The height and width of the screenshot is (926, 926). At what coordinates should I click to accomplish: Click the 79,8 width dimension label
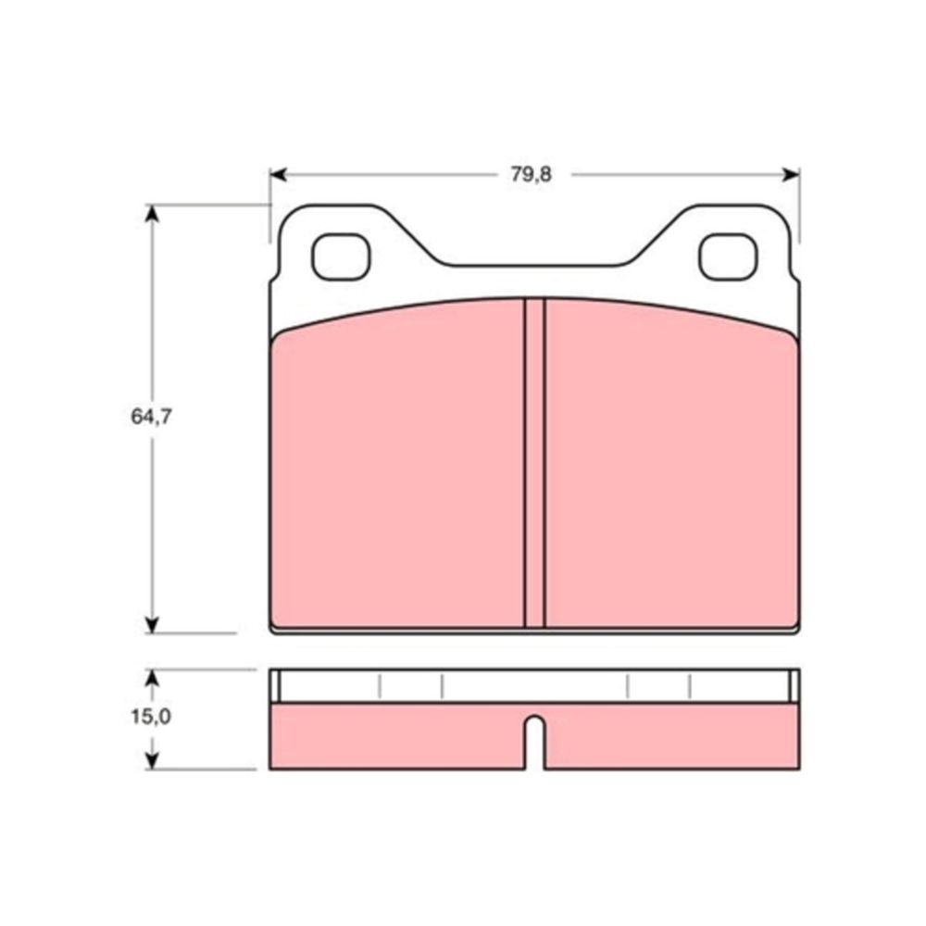point(531,175)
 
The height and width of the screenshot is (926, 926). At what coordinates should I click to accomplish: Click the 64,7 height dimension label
point(151,417)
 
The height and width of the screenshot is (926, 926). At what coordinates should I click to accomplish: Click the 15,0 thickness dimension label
point(151,717)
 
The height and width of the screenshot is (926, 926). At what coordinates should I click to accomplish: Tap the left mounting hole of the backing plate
point(341,257)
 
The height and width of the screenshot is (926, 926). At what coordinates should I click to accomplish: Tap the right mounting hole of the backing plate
point(728,257)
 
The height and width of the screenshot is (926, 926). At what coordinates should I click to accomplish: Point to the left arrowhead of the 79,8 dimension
point(278,175)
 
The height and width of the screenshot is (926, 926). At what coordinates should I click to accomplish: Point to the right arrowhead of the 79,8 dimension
point(791,175)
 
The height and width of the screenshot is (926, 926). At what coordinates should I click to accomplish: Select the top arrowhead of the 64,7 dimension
point(153,213)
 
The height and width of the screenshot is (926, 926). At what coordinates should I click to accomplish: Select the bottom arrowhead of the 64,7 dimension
point(153,625)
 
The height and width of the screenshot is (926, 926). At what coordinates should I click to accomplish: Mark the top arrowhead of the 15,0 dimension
point(153,678)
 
